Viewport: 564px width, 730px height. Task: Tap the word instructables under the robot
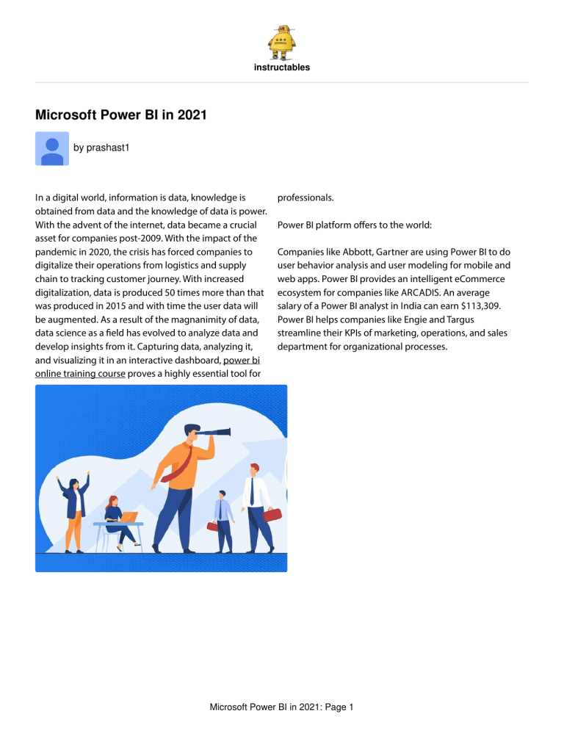(281, 68)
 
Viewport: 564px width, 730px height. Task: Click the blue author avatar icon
(52, 148)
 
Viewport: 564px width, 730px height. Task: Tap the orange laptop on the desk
(129, 516)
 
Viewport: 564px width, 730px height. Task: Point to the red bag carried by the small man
(214, 526)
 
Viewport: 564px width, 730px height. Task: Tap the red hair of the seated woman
(112, 502)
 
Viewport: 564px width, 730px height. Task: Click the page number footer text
(282, 707)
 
